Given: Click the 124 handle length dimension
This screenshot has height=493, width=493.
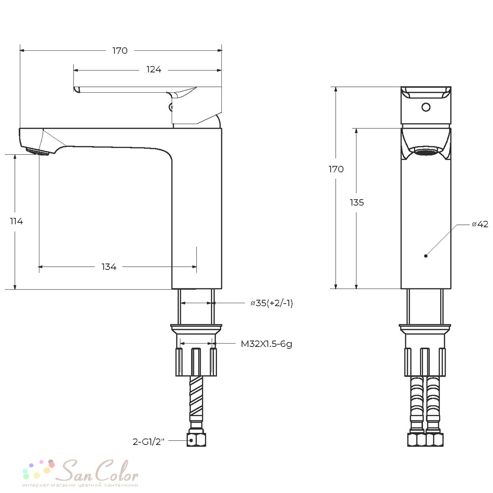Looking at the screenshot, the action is pyautogui.click(x=154, y=69).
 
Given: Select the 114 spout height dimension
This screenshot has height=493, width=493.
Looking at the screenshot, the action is pyautogui.click(x=16, y=221).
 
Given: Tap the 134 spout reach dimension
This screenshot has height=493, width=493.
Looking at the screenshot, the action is pyautogui.click(x=109, y=267).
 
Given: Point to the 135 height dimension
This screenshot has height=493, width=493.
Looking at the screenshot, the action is pyautogui.click(x=357, y=203).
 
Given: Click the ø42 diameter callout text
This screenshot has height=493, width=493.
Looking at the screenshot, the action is pyautogui.click(x=480, y=224).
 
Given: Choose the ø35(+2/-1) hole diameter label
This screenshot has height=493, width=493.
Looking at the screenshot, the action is pyautogui.click(x=272, y=303).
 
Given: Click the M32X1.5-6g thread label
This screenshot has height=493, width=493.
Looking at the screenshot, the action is pyautogui.click(x=266, y=344).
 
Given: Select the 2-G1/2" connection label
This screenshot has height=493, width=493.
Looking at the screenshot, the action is pyautogui.click(x=148, y=442).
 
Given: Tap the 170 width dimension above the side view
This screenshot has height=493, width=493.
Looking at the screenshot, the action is pyautogui.click(x=120, y=51).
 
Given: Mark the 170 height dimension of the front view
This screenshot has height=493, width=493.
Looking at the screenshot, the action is pyautogui.click(x=336, y=169).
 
